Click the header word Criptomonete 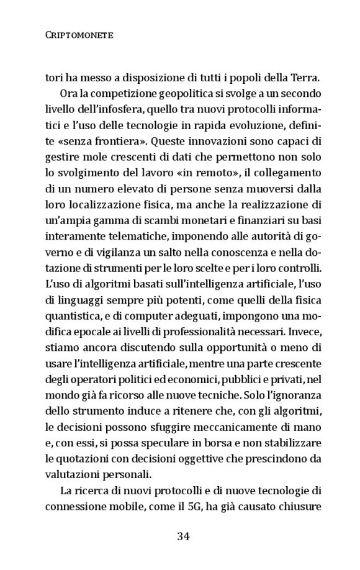point(79,36)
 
